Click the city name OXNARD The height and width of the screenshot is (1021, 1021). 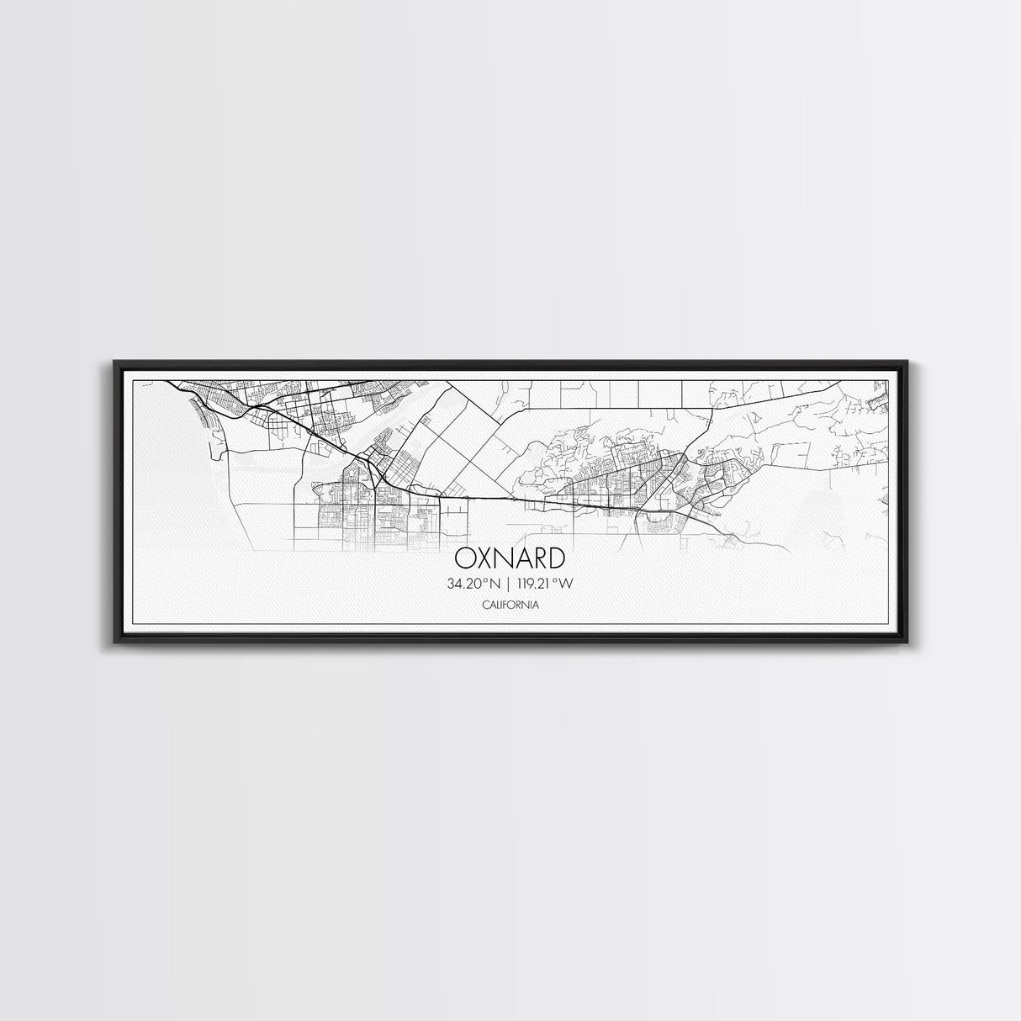pyautogui.click(x=510, y=558)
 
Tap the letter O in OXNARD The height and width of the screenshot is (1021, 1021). pyautogui.click(x=464, y=558)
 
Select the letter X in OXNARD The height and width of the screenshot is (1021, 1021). pyautogui.click(x=483, y=558)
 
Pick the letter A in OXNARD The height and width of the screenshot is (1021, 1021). pyautogui.click(x=521, y=558)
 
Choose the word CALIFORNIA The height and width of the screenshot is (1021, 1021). pyautogui.click(x=511, y=605)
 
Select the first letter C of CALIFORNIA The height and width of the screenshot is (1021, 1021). pyautogui.click(x=485, y=605)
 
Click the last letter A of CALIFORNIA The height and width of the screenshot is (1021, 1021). pyautogui.click(x=536, y=605)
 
